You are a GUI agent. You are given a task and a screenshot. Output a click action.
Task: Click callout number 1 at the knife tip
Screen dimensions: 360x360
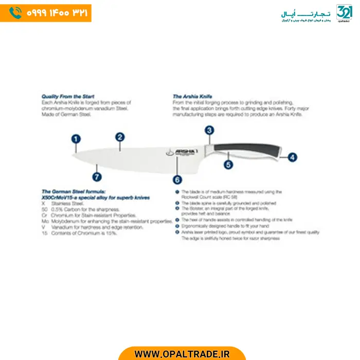click(x=76, y=138)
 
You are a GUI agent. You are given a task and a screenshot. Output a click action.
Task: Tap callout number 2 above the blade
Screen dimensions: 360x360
click(x=120, y=137)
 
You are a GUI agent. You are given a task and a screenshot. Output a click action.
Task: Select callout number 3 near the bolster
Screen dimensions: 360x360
click(x=209, y=130)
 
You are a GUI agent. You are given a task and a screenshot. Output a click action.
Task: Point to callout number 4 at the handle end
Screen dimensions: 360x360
click(x=292, y=157)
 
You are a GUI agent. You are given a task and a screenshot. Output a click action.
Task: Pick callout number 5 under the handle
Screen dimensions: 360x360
click(x=228, y=165)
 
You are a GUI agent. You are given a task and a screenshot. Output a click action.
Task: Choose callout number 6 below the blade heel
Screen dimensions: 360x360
click(x=177, y=179)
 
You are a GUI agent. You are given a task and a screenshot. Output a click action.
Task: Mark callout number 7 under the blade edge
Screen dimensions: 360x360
click(x=96, y=177)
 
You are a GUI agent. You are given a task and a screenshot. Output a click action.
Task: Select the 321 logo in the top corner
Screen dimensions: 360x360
click(x=344, y=12)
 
